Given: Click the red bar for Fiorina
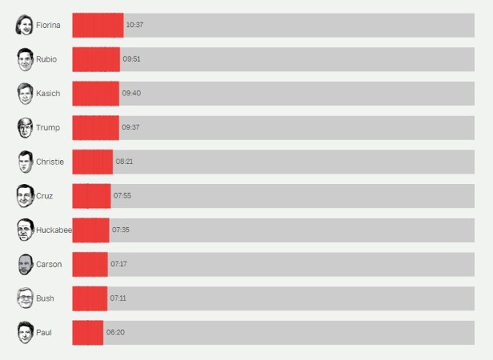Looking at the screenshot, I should click(x=98, y=25).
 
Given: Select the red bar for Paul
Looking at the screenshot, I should click(x=87, y=332).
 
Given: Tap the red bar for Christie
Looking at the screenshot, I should click(x=92, y=162).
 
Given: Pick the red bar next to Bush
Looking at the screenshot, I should click(x=89, y=298).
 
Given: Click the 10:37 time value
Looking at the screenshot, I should click(x=135, y=25).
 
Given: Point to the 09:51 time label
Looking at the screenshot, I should click(x=132, y=59).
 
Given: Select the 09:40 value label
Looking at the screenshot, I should click(x=131, y=93).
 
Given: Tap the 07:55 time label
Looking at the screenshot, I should click(x=122, y=196).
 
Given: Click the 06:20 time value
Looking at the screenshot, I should click(x=115, y=332).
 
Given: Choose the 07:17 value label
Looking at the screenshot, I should click(x=119, y=265).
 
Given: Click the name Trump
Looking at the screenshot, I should click(x=48, y=128).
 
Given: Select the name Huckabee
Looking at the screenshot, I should click(x=53, y=230).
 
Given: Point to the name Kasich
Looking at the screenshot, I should click(x=48, y=93).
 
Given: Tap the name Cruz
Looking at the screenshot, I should click(x=44, y=196).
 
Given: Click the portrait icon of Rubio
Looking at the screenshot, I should click(x=26, y=59).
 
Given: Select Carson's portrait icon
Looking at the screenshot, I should click(x=26, y=265).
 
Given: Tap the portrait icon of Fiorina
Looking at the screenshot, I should click(x=25, y=25).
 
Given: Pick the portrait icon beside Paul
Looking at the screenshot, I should click(x=26, y=332).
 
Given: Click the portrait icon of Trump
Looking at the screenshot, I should click(x=26, y=128).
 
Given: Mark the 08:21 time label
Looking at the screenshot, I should click(x=124, y=162).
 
